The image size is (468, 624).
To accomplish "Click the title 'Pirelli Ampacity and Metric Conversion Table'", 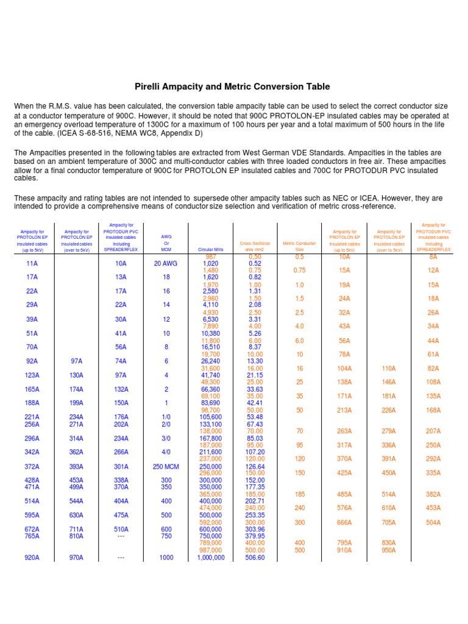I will (x=232, y=87).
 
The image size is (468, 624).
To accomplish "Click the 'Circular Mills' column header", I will (x=211, y=249).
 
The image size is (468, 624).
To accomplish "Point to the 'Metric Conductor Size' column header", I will (x=299, y=246).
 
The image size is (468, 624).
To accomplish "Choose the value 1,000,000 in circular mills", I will (x=211, y=557).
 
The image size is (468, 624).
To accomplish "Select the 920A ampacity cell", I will (x=32, y=557).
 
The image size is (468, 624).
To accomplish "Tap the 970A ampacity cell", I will (x=77, y=557).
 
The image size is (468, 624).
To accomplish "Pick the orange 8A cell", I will (x=433, y=257).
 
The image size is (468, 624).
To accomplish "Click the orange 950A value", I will (x=388, y=550).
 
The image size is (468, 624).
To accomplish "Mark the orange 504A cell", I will (x=433, y=522).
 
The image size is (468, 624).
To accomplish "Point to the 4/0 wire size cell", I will (x=166, y=452).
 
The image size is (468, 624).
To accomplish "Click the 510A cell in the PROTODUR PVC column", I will (x=121, y=529).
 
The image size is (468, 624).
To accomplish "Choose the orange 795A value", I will (x=344, y=543).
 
